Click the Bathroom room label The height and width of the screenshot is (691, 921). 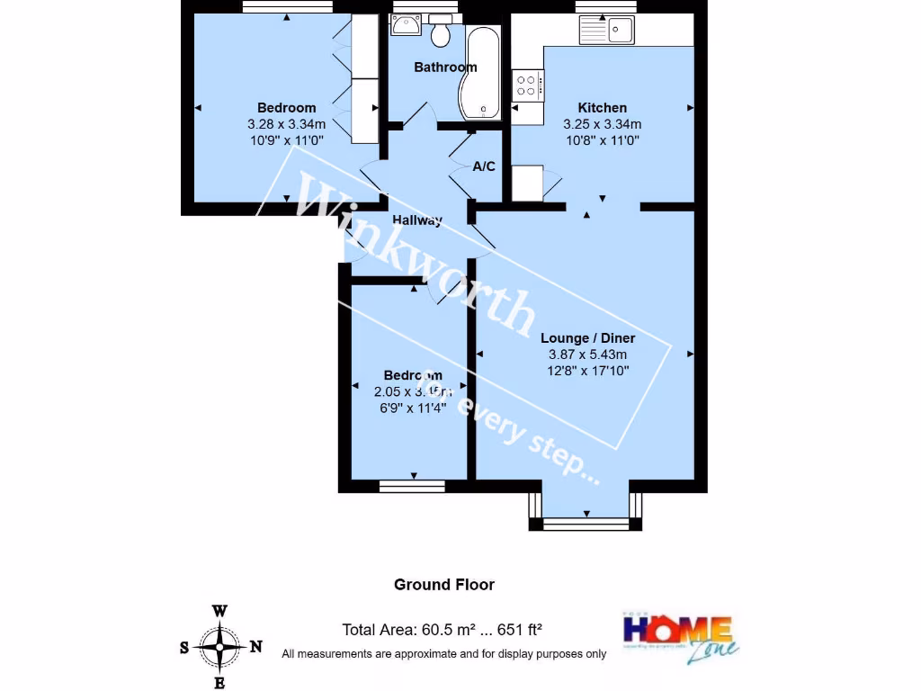pos(445,67)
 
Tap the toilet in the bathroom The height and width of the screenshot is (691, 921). pos(441,33)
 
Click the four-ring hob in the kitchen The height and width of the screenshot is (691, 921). pos(527,86)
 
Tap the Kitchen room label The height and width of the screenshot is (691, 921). pos(602,108)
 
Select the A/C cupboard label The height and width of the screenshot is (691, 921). pos(484,166)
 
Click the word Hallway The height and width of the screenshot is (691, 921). pos(417,220)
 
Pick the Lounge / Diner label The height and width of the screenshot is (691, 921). pos(587,338)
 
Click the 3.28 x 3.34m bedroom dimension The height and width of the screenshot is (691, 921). pos(286,124)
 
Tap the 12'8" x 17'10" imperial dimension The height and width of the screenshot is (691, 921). pos(587,370)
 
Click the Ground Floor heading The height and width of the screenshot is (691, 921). pos(444,585)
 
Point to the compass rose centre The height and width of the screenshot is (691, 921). pos(219,646)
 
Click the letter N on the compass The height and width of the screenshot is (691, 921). pos(255,646)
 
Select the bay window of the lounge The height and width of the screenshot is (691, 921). pos(586,522)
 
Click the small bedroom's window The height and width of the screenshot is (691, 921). pos(412,487)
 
